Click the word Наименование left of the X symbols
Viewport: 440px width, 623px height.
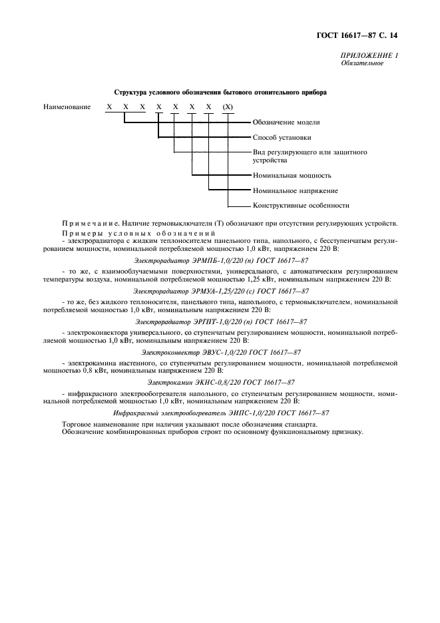(67, 106)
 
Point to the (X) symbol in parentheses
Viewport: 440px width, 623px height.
(228, 106)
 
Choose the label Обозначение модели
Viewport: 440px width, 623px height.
(286, 122)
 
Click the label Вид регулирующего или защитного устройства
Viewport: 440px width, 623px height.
(310, 156)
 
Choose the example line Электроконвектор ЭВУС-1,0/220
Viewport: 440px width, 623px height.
(220, 351)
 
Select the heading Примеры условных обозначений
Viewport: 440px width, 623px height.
(138, 234)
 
